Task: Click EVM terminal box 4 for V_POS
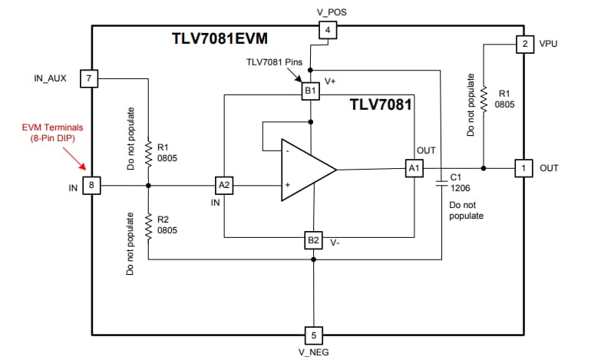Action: pyautogui.click(x=326, y=31)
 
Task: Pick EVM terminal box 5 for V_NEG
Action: pyautogui.click(x=313, y=335)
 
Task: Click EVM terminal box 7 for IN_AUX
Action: pyautogui.click(x=90, y=78)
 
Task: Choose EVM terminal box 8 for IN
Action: pyautogui.click(x=91, y=185)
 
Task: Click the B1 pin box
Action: pyautogui.click(x=310, y=91)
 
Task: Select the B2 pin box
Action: pyautogui.click(x=313, y=240)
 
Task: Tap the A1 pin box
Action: pyautogui.click(x=414, y=169)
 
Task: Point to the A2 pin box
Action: pyautogui.click(x=223, y=185)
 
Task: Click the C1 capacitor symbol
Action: pyautogui.click(x=441, y=181)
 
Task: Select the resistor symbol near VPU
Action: pyautogui.click(x=484, y=98)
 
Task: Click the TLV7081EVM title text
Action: pyautogui.click(x=220, y=37)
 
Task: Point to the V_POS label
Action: pyautogui.click(x=326, y=11)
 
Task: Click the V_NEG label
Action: pyautogui.click(x=313, y=353)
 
